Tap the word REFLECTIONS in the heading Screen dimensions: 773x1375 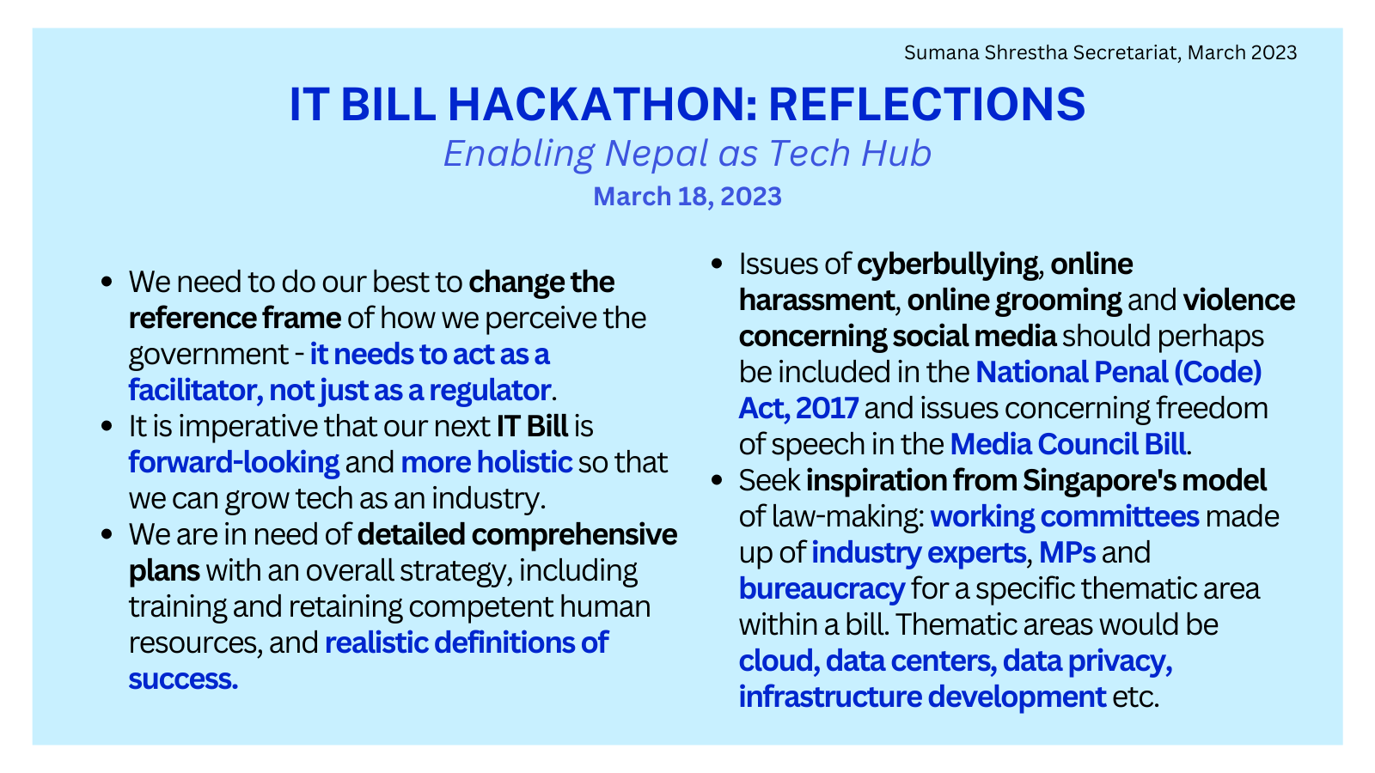[x=926, y=105]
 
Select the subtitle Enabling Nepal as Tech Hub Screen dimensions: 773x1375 [x=687, y=154]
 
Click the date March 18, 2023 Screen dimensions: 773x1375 [x=687, y=197]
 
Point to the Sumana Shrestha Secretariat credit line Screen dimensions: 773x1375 [x=1100, y=52]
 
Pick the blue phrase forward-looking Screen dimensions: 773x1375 [x=234, y=463]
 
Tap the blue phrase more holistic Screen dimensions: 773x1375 [x=486, y=463]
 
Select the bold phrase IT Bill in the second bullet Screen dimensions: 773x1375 [x=532, y=427]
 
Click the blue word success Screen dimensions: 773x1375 [x=183, y=679]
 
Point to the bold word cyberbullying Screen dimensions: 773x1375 [x=947, y=265]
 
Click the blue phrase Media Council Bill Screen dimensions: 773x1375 [x=1067, y=445]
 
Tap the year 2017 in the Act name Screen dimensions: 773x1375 [x=827, y=409]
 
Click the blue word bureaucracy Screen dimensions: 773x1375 [x=822, y=589]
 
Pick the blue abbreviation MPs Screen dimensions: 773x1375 [x=1066, y=553]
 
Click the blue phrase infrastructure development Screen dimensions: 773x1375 [x=922, y=697]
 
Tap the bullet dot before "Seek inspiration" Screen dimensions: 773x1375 [x=717, y=481]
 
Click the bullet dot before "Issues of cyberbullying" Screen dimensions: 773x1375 [x=717, y=265]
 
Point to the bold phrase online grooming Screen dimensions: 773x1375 [x=1014, y=301]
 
